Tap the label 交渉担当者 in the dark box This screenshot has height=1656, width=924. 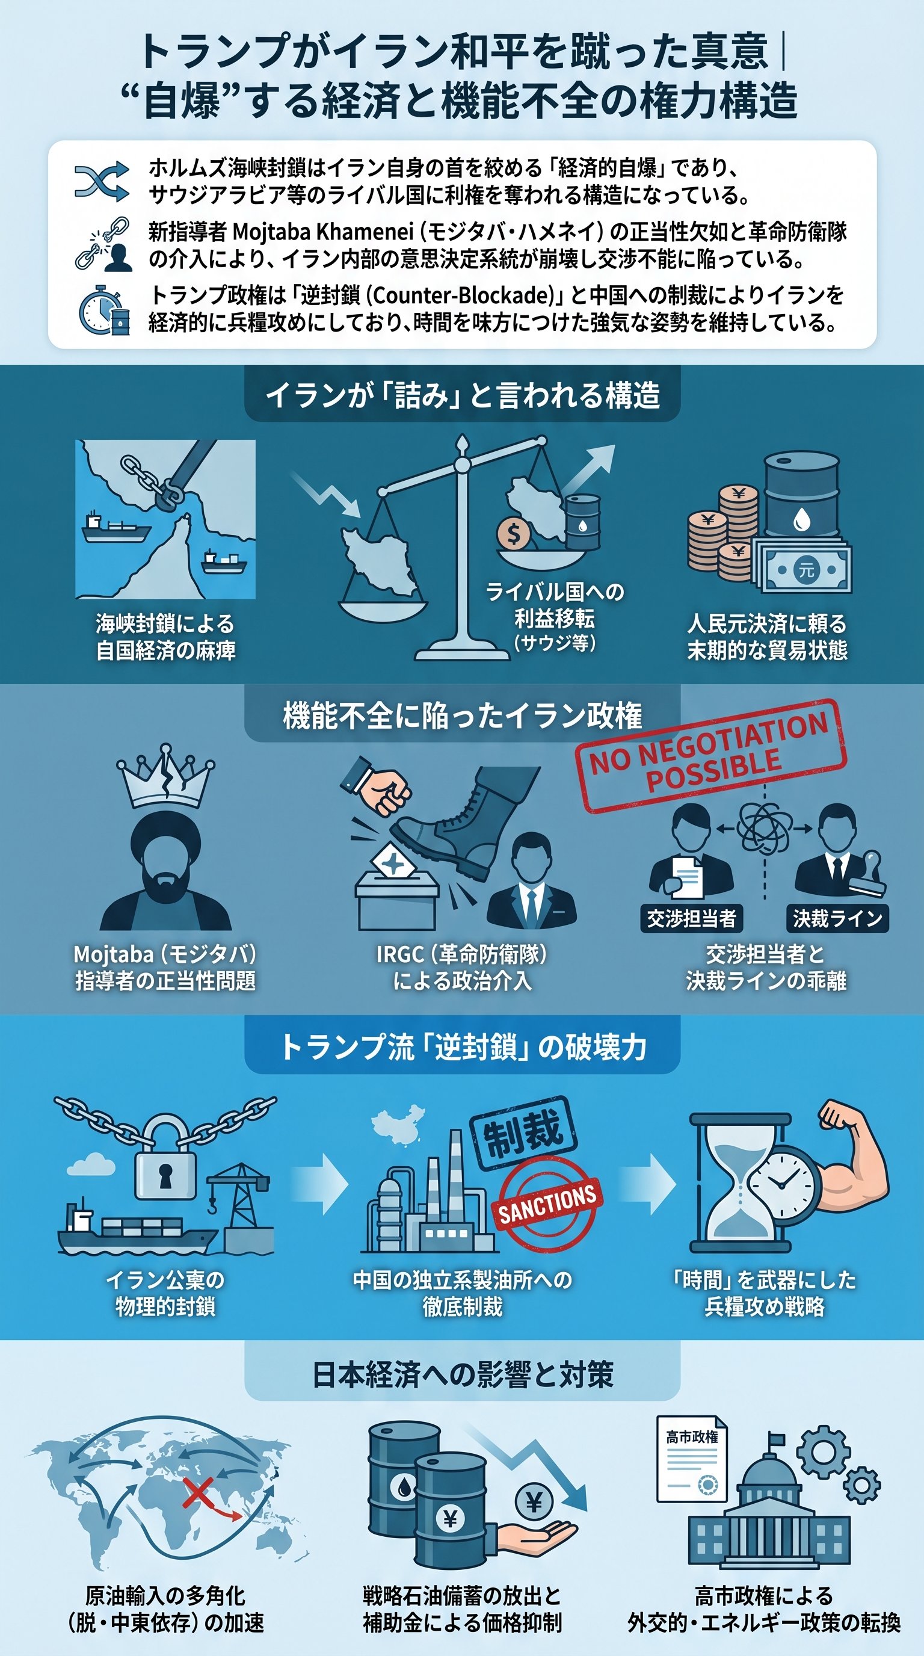click(691, 919)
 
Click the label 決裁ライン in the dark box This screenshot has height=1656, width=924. click(837, 919)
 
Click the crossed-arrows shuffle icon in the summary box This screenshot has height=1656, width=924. click(102, 181)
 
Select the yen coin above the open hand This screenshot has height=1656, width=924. click(534, 1503)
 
